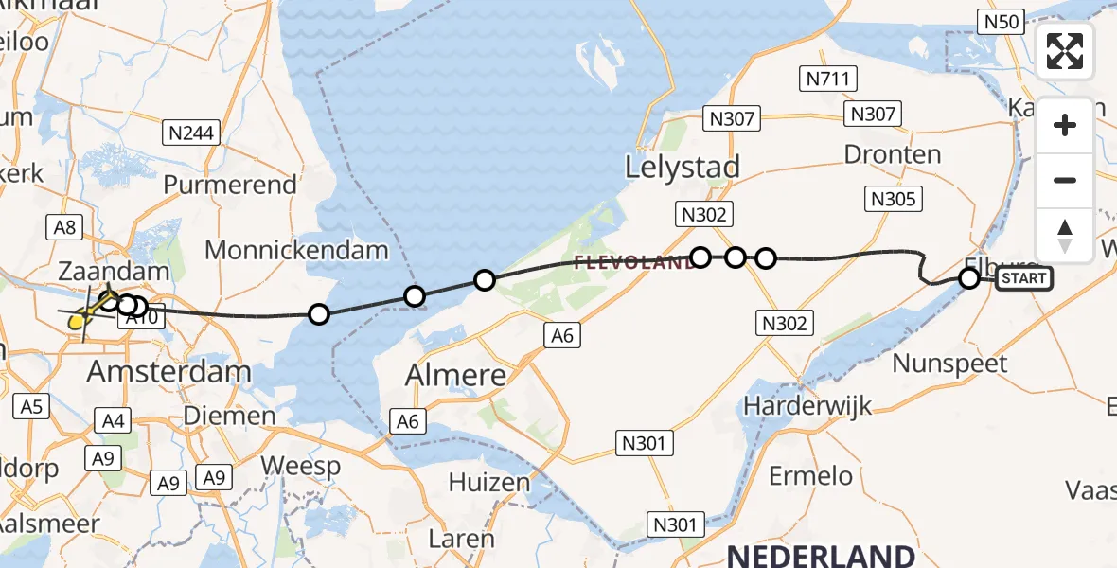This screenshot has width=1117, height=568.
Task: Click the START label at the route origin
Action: click(x=1023, y=278)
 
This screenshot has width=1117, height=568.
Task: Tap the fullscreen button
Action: click(x=1065, y=51)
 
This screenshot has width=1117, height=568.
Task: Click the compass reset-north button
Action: click(x=1065, y=236)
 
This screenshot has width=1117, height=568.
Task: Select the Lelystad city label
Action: click(x=682, y=168)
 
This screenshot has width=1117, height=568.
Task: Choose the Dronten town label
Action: click(x=892, y=154)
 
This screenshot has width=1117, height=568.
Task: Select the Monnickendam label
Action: click(x=296, y=251)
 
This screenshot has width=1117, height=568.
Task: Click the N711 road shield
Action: click(x=826, y=80)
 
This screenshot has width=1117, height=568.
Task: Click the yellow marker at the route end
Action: click(x=79, y=322)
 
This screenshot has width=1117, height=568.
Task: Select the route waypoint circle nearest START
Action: click(x=968, y=278)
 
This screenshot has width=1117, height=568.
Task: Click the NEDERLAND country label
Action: click(x=821, y=555)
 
